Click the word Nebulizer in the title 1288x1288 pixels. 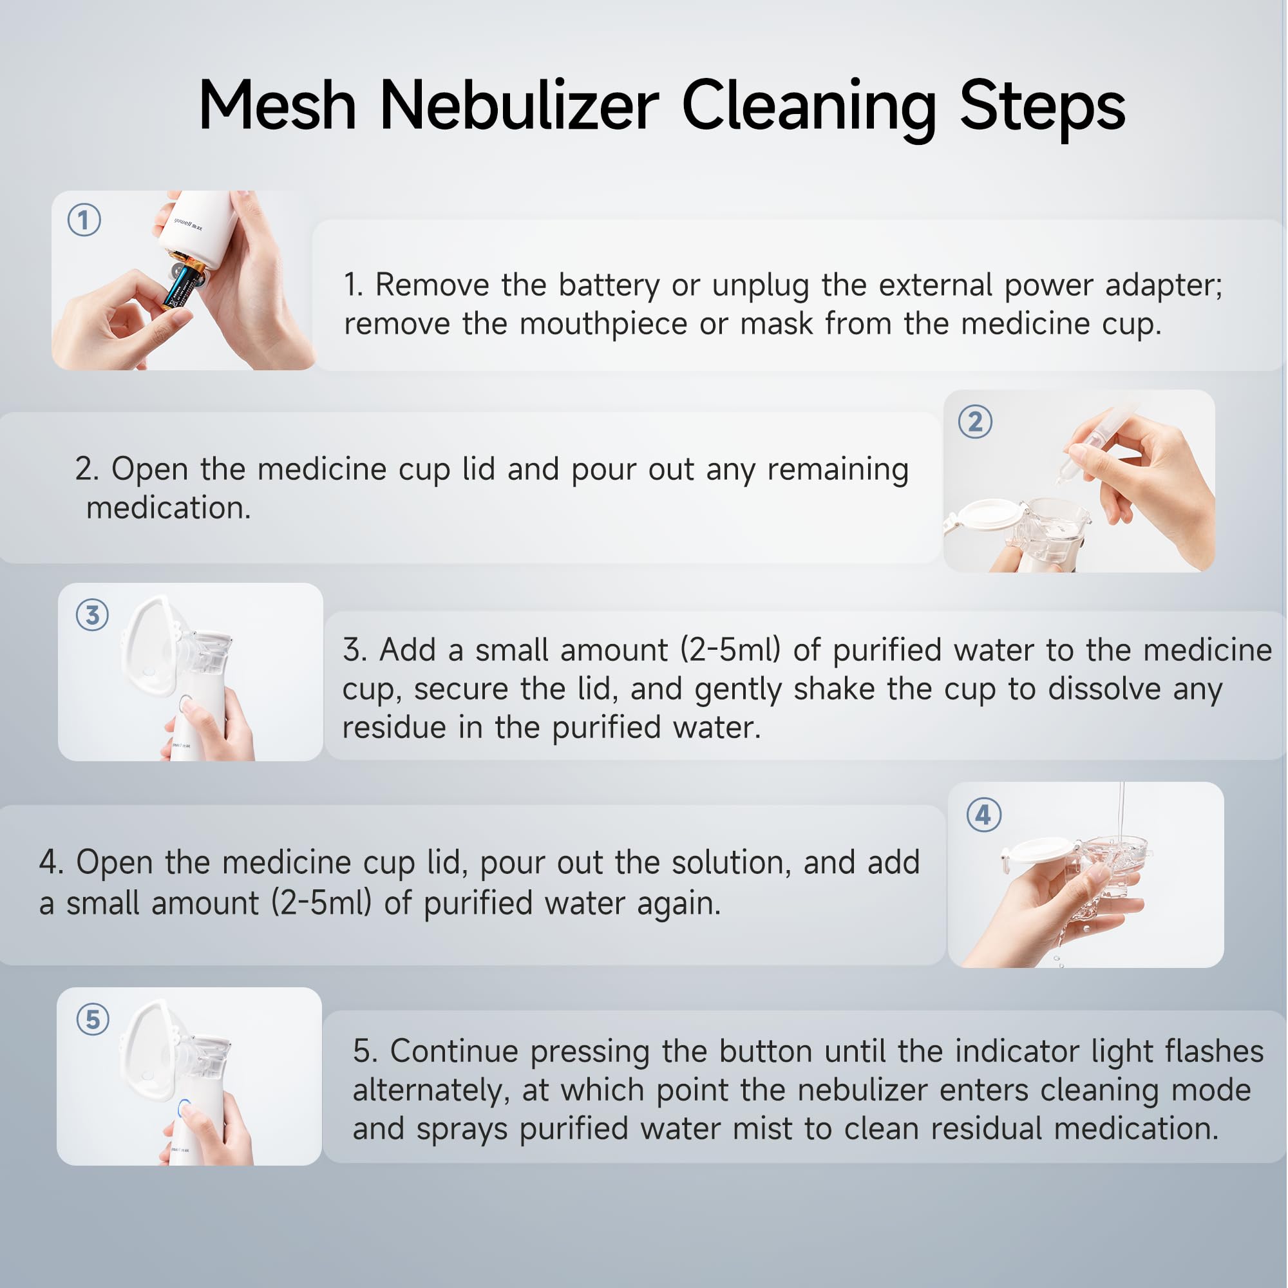[x=519, y=107]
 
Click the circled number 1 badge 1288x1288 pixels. [x=84, y=220]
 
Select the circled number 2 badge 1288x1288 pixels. [x=975, y=422]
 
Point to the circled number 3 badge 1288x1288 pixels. [x=93, y=614]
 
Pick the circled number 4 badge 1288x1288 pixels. [x=984, y=815]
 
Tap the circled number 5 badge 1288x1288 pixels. [x=93, y=1019]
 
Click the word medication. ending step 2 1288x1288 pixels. [x=169, y=508]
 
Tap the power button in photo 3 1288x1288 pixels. [x=186, y=703]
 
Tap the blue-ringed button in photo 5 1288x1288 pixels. [x=185, y=1107]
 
